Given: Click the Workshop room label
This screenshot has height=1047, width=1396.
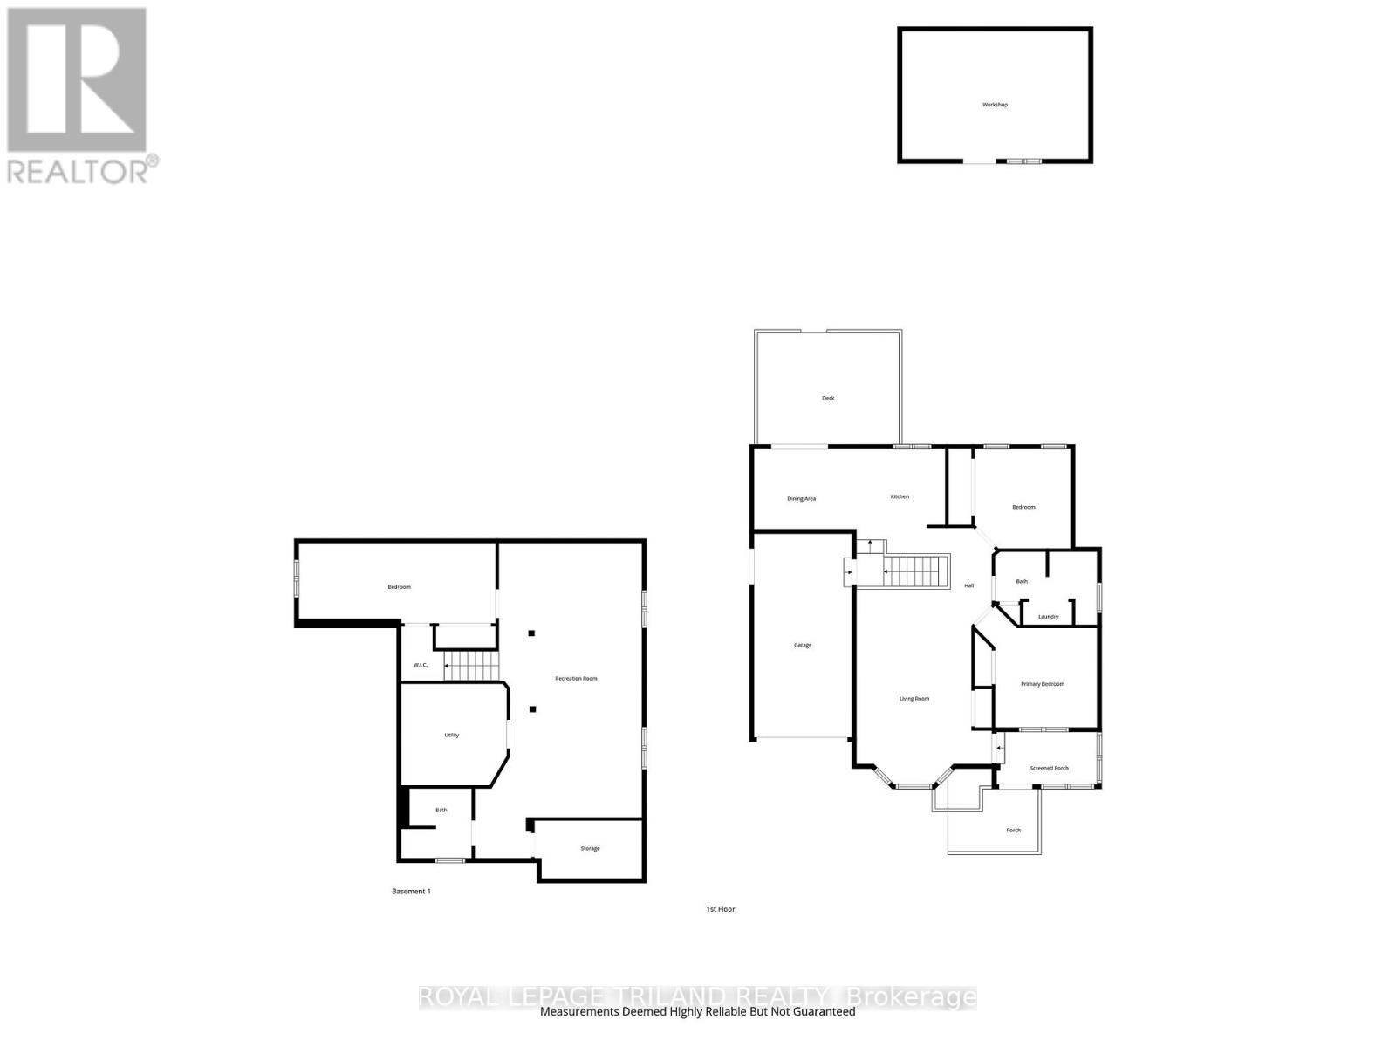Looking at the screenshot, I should coord(995,105).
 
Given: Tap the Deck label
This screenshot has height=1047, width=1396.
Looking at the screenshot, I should coord(828,398).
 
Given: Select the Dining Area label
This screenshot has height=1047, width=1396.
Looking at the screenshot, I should coord(801,499).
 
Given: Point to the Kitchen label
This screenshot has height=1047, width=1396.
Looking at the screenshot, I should coord(900,496).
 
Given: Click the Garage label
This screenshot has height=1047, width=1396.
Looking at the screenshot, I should coord(803,645).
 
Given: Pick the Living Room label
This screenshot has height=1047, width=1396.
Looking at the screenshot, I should coord(914,699).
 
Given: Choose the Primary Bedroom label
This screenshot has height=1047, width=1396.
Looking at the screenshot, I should coord(1043,684).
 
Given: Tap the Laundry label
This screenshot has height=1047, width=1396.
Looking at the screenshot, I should coord(1048,617).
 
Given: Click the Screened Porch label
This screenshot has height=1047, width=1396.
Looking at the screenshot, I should coord(1049,769).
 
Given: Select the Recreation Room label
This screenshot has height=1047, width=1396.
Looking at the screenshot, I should coord(576,678).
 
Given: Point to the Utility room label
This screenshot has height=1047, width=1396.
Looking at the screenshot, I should coord(451,735).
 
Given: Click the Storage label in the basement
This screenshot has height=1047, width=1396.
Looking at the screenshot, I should coord(590,848).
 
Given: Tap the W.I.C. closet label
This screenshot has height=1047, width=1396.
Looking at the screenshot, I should coord(420,665).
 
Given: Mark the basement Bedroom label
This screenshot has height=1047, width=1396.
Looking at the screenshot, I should coord(399,587).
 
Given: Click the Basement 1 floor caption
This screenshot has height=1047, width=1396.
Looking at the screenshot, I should coord(411,892).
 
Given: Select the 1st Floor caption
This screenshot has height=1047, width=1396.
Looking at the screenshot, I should coord(721,909).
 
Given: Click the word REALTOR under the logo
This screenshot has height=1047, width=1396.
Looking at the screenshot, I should coord(78,171).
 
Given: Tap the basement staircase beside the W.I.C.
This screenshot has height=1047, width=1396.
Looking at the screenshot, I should coord(471,668).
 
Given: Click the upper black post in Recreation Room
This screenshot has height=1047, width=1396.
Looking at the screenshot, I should coord(530,633).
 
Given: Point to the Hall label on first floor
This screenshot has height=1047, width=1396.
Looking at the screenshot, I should coord(968,585).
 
